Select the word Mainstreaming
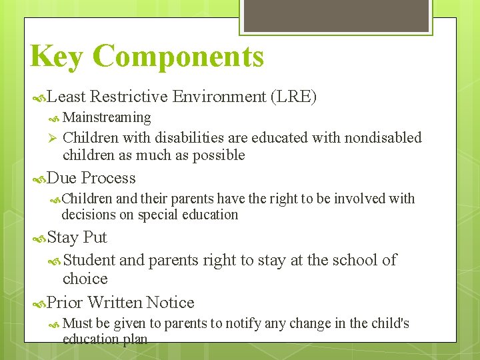(107, 117)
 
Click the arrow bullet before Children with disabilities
(52, 138)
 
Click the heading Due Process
(91, 178)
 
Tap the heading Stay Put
(77, 237)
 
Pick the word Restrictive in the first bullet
(129, 97)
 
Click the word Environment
(219, 97)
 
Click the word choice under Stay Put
(85, 278)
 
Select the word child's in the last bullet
(389, 323)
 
